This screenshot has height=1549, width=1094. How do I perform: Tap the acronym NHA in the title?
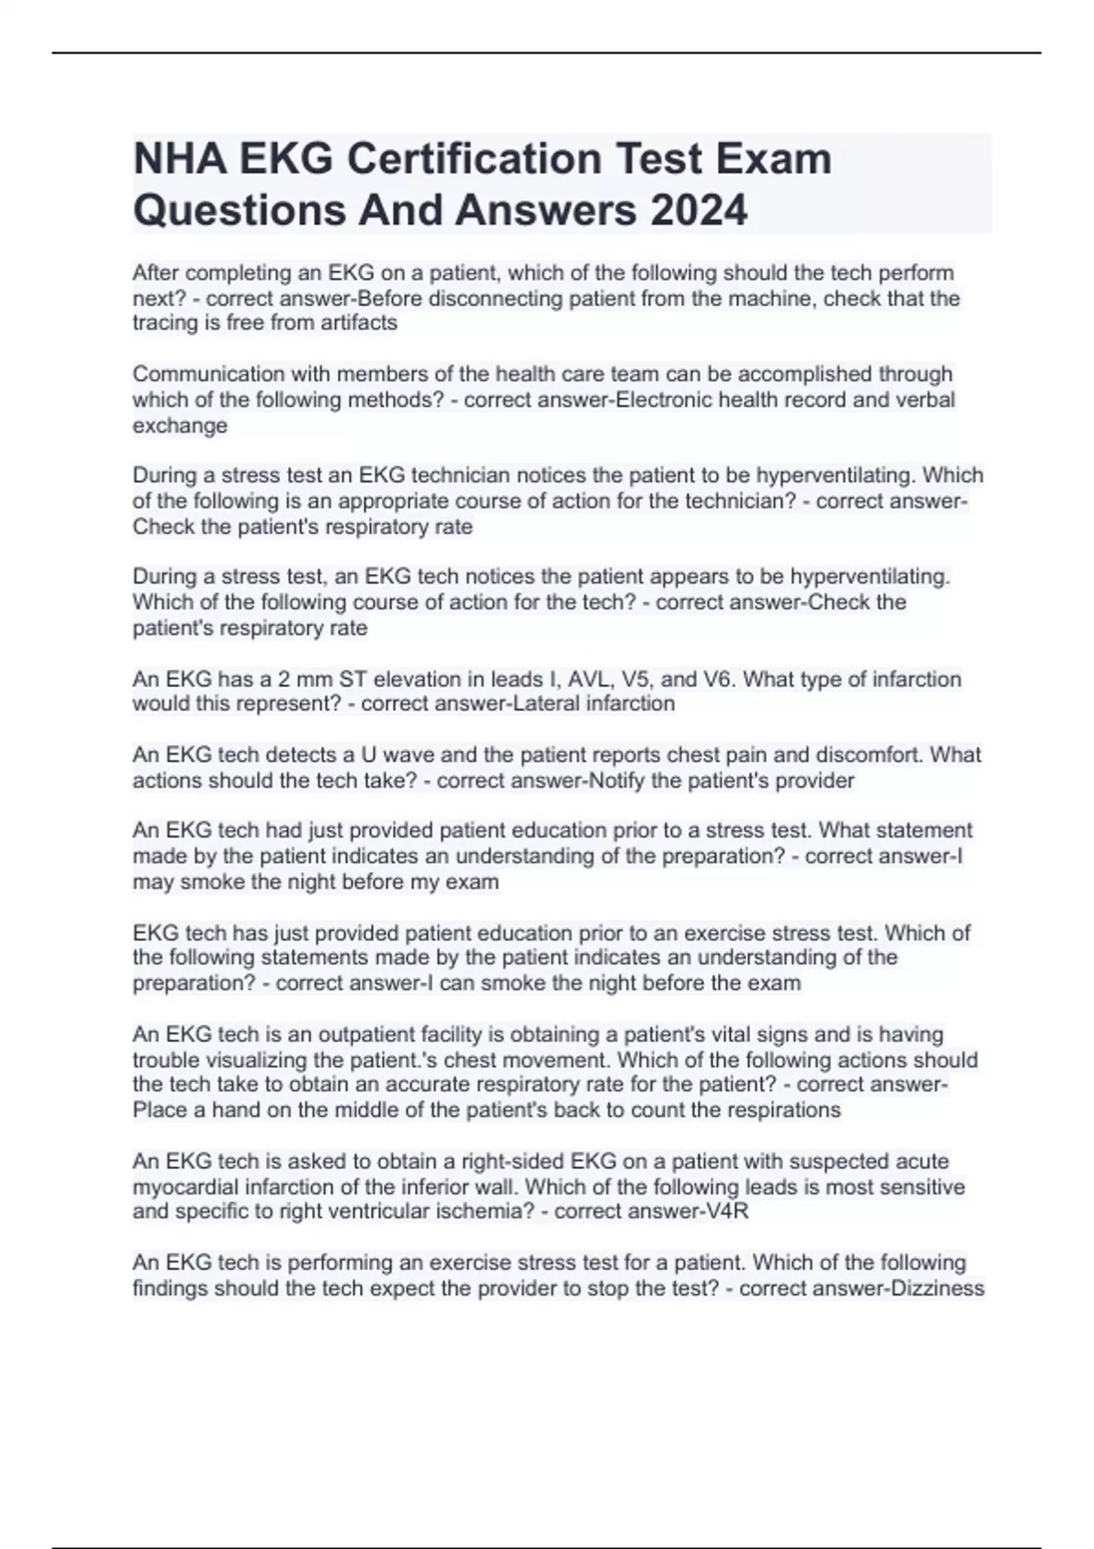coord(181,159)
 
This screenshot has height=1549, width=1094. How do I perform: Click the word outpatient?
coord(356,1034)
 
